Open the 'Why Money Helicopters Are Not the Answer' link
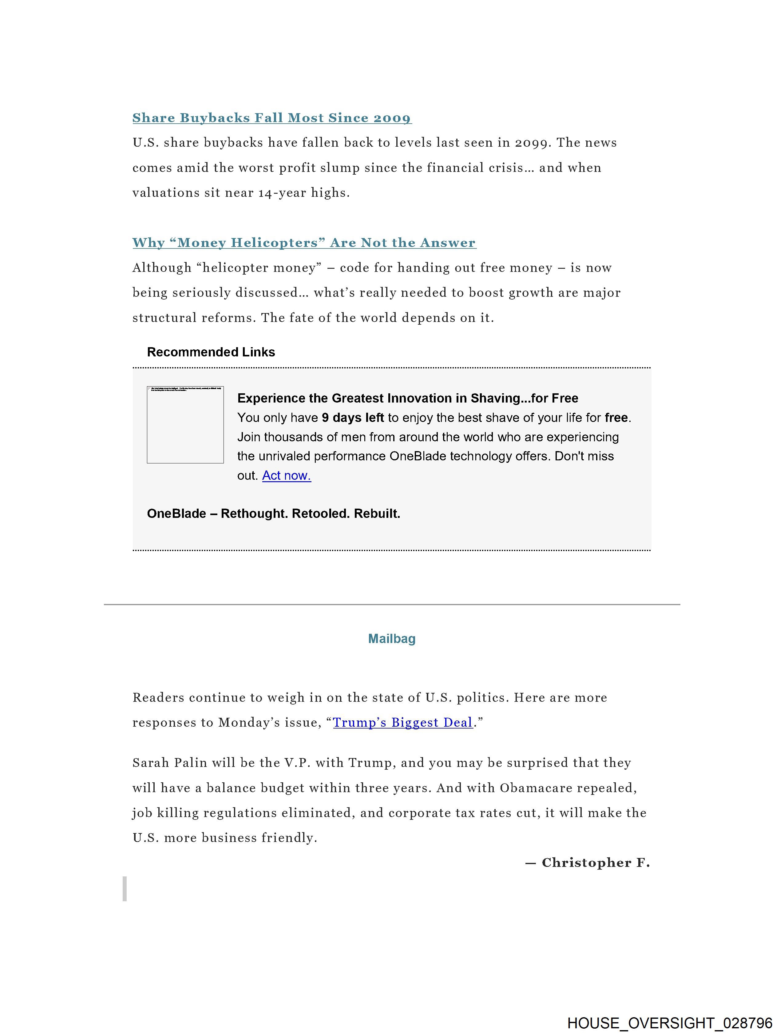click(304, 243)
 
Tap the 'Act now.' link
click(286, 475)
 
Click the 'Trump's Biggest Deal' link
click(403, 722)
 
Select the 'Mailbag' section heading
click(391, 638)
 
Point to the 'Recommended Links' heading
click(211, 352)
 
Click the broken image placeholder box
click(185, 425)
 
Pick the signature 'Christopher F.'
click(595, 862)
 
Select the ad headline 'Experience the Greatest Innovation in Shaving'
click(407, 398)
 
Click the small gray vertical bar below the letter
click(125, 888)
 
